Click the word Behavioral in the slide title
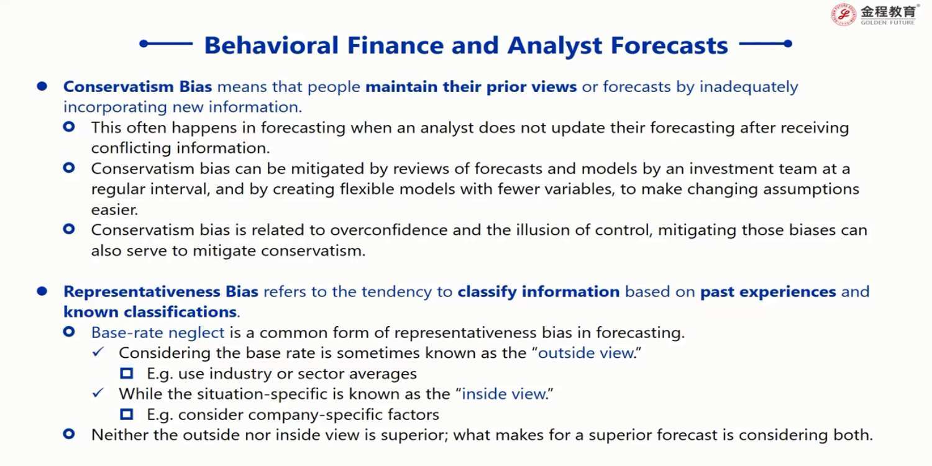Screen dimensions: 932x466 click(x=272, y=45)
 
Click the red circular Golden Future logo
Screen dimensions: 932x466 click(x=843, y=14)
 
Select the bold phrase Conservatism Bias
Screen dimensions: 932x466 click(x=138, y=86)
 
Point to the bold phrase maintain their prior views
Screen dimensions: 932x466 click(x=471, y=86)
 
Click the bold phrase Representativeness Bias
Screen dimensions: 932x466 click(x=161, y=291)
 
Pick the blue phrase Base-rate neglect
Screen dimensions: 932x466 click(x=158, y=332)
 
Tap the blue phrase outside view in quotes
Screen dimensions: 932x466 click(x=586, y=353)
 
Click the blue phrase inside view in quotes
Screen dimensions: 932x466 click(x=503, y=393)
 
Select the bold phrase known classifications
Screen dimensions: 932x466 click(x=150, y=312)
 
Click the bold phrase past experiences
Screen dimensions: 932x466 click(x=768, y=291)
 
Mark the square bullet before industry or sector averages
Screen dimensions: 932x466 click(x=127, y=373)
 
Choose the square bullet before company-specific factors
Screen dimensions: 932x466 click(x=127, y=414)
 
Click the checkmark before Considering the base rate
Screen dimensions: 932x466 click(x=98, y=352)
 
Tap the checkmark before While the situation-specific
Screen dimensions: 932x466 click(x=98, y=393)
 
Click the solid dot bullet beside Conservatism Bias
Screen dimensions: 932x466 click(x=42, y=86)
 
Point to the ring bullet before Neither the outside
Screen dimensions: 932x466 click(x=69, y=434)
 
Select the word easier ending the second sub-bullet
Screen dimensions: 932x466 click(x=115, y=210)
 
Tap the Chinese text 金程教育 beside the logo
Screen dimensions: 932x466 click(x=888, y=11)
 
